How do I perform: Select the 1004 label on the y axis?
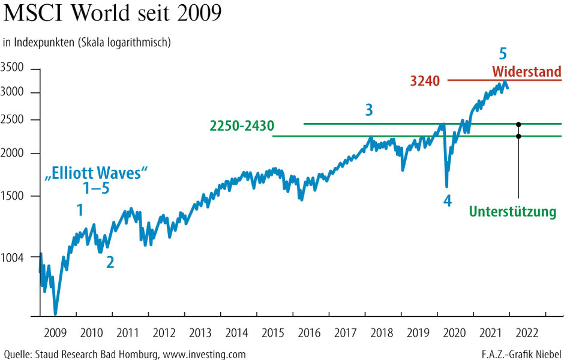[13, 257]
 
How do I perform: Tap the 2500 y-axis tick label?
[13, 120]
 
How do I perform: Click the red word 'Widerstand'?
[526, 71]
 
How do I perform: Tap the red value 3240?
[426, 80]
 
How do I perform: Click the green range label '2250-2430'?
[242, 126]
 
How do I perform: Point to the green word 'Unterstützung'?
[512, 212]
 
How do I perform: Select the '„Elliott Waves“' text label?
[97, 175]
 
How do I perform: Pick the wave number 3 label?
[369, 110]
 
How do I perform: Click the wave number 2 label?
[110, 262]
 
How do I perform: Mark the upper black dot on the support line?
[518, 124]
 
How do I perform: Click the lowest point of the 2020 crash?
[446, 187]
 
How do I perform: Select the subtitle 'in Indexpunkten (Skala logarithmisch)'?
[88, 42]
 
